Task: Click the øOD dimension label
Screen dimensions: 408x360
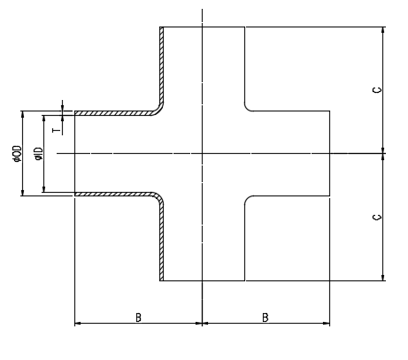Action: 18,154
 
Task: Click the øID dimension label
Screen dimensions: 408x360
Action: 39,154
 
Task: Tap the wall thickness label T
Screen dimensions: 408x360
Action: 57,130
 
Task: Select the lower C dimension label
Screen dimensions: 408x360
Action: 377,218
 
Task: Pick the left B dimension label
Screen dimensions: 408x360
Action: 138,318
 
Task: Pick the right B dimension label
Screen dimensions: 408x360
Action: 266,318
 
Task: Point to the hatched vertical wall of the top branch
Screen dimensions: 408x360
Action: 162,64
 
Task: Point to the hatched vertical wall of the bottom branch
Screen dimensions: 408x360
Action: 162,241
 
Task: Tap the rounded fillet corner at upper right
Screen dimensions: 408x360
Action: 247,109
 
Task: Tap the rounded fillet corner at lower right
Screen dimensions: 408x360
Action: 247,199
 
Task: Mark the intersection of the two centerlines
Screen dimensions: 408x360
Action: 202,153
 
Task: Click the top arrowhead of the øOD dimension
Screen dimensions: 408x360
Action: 23,114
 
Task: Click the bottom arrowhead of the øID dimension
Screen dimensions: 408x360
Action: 44,188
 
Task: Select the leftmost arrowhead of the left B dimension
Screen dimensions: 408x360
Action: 78,324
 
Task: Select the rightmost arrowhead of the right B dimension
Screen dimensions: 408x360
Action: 327,324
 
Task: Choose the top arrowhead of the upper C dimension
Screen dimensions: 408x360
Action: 383,30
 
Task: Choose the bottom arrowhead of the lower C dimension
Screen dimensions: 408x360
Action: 383,277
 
